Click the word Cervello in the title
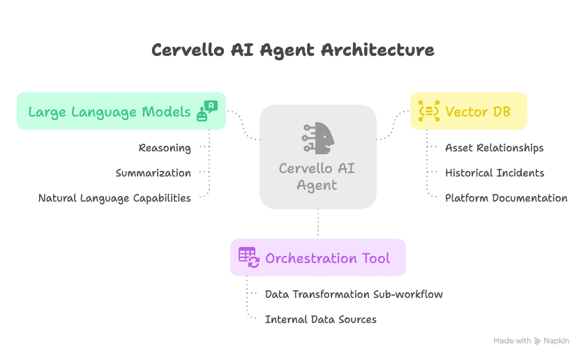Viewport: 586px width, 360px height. pyautogui.click(x=188, y=50)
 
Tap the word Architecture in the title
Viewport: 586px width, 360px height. pyautogui.click(x=377, y=50)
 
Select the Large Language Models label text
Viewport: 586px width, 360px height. pyautogui.click(x=110, y=112)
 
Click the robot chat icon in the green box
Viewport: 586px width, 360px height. pyautogui.click(x=207, y=111)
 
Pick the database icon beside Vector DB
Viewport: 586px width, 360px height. pyautogui.click(x=428, y=111)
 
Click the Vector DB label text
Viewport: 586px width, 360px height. pyautogui.click(x=478, y=112)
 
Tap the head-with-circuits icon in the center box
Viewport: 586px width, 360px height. pyautogui.click(x=318, y=138)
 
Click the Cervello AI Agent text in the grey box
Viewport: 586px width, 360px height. pyautogui.click(x=317, y=177)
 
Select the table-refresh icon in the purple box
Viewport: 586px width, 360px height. pyautogui.click(x=249, y=257)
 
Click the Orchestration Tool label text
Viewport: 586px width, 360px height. pyautogui.click(x=327, y=258)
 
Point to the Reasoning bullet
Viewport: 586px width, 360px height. pyautogui.click(x=165, y=148)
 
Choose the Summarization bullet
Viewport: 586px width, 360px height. pyautogui.click(x=153, y=173)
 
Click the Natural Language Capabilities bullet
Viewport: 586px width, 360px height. pyautogui.click(x=114, y=198)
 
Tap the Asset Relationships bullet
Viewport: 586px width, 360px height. pyautogui.click(x=495, y=148)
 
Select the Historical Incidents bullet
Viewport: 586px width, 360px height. pyautogui.click(x=495, y=173)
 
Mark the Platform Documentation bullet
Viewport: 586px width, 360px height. pyautogui.click(x=506, y=198)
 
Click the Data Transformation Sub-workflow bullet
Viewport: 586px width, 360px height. pyautogui.click(x=354, y=294)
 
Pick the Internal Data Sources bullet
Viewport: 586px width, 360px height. pyautogui.click(x=321, y=320)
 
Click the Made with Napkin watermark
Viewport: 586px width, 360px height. pyautogui.click(x=531, y=341)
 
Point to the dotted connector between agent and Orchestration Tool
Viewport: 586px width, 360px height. pyautogui.click(x=318, y=223)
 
